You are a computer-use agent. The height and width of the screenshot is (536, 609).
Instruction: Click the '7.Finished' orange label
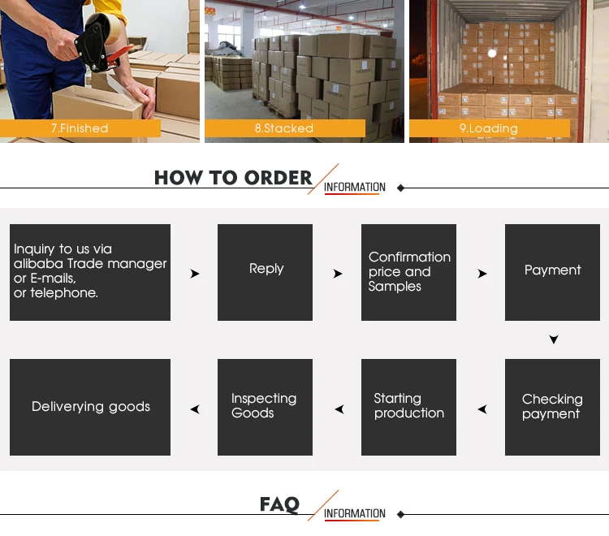pyautogui.click(x=80, y=128)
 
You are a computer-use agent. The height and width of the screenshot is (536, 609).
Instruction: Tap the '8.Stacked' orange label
pyautogui.click(x=285, y=128)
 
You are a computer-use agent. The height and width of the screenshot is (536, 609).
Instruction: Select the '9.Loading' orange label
pyautogui.click(x=490, y=128)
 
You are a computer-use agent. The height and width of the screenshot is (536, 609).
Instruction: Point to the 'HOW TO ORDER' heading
pyautogui.click(x=233, y=178)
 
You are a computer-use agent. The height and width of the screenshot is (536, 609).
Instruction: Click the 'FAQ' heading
pyautogui.click(x=279, y=504)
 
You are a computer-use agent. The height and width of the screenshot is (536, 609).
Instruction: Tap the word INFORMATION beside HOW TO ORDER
pyautogui.click(x=355, y=188)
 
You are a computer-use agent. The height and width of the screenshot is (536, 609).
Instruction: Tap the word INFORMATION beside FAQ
pyautogui.click(x=355, y=513)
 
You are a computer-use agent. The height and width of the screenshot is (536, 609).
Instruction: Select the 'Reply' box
pyautogui.click(x=265, y=272)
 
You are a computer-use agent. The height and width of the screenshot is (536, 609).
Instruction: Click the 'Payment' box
pyautogui.click(x=552, y=272)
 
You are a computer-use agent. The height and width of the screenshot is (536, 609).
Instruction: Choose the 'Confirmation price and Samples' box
pyautogui.click(x=408, y=272)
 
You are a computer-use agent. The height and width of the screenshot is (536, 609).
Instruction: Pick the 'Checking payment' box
pyautogui.click(x=552, y=407)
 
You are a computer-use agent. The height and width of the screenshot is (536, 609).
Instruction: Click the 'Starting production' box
pyautogui.click(x=408, y=407)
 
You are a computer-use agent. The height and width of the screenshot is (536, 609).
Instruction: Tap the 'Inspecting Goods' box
pyautogui.click(x=265, y=407)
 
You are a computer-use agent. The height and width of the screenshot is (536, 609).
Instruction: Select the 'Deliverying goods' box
pyautogui.click(x=90, y=407)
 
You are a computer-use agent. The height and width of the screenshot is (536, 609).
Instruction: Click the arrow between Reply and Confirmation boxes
pyautogui.click(x=338, y=274)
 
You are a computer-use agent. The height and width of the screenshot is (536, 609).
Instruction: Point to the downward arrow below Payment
pyautogui.click(x=554, y=339)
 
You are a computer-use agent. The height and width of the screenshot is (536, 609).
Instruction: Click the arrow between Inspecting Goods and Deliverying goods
pyautogui.click(x=196, y=409)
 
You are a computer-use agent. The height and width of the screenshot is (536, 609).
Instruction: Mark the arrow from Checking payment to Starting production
pyautogui.click(x=483, y=409)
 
